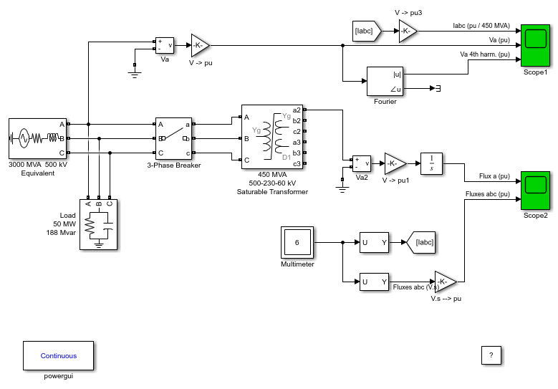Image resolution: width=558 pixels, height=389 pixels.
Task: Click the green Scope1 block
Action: [x=535, y=45]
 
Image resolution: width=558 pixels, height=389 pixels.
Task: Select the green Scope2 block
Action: [x=535, y=191]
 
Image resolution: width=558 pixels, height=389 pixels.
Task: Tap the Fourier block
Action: [x=385, y=81]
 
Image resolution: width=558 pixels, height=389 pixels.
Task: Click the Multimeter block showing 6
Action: [x=297, y=242]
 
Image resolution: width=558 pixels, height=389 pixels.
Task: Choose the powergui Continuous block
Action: [x=58, y=355]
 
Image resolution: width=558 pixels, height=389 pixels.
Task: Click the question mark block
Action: [x=491, y=355]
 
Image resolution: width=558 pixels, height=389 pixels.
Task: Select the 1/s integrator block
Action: [x=431, y=164]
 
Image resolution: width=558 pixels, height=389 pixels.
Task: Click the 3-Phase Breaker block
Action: [x=173, y=138]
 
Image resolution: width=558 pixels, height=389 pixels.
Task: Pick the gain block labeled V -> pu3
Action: [x=408, y=31]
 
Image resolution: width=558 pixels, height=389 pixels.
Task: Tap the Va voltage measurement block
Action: [x=165, y=45]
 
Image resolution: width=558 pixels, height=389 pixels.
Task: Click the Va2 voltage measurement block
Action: [x=362, y=164]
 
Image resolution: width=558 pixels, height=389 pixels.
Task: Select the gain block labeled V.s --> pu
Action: [x=446, y=282]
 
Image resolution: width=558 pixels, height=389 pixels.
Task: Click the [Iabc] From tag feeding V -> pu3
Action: [x=367, y=31]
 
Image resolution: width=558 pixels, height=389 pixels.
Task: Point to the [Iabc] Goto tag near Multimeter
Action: [x=421, y=242]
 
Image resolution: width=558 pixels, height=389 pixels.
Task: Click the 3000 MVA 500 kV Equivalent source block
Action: [x=37, y=138]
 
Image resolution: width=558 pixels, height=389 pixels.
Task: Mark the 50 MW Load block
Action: [x=98, y=224]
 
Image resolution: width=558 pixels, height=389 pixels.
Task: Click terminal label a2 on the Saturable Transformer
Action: [x=297, y=110]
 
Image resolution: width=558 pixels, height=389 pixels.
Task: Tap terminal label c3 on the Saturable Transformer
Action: [x=297, y=164]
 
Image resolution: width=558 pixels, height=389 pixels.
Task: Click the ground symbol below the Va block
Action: [x=135, y=75]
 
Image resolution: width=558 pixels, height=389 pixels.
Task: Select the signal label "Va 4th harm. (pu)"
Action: [x=485, y=54]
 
